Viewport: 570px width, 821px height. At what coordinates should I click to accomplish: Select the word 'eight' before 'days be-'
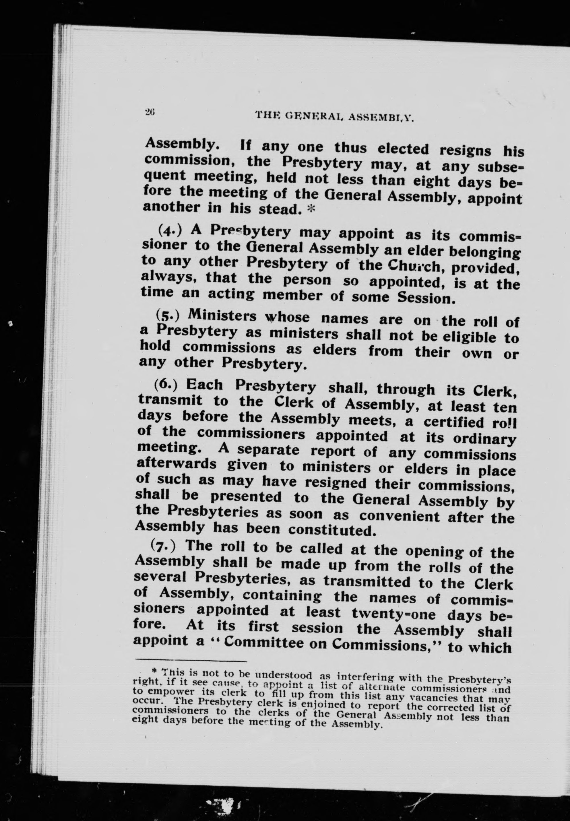(433, 181)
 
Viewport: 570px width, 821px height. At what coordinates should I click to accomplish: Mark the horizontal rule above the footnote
(191, 661)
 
